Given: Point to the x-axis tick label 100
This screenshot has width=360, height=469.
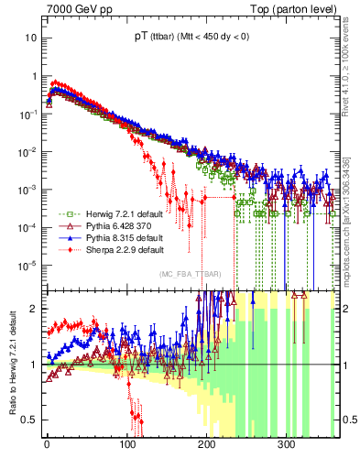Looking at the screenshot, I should [126, 443].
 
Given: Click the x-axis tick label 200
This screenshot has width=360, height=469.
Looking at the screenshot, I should [206, 443].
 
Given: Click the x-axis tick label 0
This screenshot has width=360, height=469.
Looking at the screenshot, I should [47, 443].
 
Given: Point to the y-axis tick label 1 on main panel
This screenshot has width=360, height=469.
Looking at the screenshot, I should [34, 76].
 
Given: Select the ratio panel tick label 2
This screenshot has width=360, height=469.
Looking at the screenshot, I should [34, 309].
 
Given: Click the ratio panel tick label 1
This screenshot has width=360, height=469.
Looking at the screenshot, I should [34, 365].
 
